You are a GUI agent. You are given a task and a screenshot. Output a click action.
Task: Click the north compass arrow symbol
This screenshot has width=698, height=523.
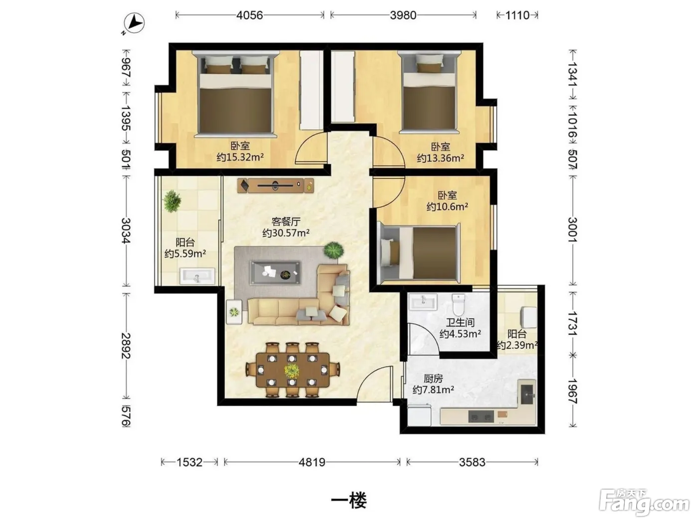point(135,23)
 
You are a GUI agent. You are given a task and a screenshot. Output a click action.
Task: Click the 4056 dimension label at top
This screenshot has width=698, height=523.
point(249,15)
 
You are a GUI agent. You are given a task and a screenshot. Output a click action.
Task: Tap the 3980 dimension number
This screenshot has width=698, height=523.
point(403,15)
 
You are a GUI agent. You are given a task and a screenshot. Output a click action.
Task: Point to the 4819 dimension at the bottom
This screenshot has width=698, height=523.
point(312,462)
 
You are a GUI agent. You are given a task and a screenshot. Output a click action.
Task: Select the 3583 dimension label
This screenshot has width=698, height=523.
point(472,462)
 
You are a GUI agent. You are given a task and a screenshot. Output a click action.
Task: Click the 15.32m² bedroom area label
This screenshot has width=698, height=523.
point(240,157)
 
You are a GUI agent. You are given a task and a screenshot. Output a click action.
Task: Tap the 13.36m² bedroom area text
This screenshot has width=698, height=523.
point(440,158)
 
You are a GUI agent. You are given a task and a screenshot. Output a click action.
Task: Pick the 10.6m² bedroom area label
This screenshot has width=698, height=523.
point(447,207)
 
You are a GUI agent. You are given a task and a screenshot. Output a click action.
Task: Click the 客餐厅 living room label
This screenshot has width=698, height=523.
point(286,222)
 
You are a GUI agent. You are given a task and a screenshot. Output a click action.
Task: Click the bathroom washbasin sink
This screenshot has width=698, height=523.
point(423,301)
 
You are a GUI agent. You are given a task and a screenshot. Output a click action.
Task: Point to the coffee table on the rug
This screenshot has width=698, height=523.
point(275,272)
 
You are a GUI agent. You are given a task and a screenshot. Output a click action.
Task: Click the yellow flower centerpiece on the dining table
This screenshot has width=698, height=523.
point(291,370)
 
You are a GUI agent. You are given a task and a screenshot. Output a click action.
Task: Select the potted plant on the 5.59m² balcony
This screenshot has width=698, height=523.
point(172,201)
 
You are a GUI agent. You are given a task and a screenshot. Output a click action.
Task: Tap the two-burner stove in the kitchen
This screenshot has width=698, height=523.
point(481,416)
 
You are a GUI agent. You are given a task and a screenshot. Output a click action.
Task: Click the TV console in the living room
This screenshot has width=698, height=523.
point(275,185)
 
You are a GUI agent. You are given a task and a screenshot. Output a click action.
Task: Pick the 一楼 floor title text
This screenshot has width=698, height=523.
point(349,501)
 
